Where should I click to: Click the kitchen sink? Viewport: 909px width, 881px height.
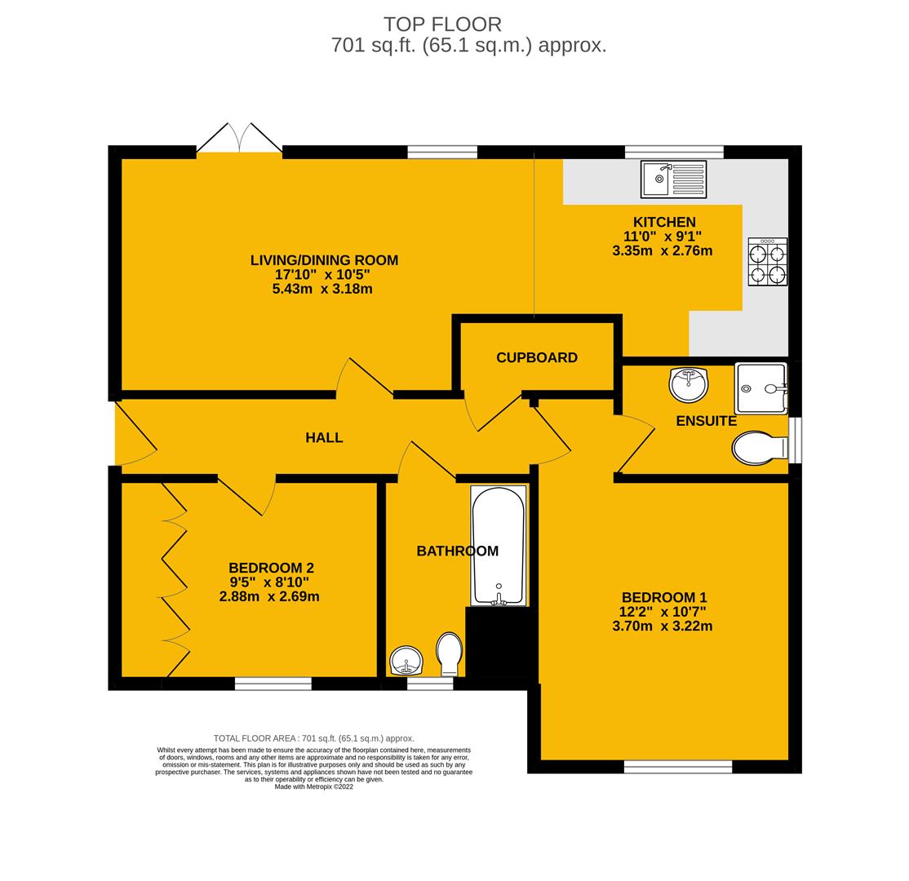point(673,179)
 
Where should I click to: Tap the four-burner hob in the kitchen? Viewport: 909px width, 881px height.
point(768,262)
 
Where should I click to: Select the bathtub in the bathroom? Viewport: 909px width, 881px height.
point(498,545)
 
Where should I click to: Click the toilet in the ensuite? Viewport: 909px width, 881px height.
point(759,448)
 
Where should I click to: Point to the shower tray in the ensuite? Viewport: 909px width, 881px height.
point(760,388)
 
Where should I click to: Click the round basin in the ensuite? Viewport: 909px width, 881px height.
point(689,384)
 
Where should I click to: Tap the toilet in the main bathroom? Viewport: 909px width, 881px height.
point(450,653)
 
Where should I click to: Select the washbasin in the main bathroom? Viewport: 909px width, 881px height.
point(406,660)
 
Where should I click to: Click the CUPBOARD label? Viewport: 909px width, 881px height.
point(537,357)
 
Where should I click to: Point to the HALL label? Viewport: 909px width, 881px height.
point(324,438)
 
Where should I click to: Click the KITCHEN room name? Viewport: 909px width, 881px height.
point(664,222)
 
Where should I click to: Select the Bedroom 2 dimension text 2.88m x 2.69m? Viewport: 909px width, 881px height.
point(269,596)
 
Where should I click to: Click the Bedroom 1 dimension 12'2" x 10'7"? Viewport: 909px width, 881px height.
point(662,612)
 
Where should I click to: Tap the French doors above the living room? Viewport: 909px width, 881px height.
point(239,139)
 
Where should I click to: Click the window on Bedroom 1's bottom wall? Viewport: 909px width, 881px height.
point(677,766)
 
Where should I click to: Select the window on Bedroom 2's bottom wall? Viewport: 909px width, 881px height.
point(273,684)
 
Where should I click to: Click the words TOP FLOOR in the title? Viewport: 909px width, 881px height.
point(442,24)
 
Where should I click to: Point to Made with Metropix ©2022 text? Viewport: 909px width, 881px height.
point(314,787)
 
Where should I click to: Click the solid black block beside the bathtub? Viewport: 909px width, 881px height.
point(501,642)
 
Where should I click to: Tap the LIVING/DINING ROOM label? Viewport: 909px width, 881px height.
point(324,260)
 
